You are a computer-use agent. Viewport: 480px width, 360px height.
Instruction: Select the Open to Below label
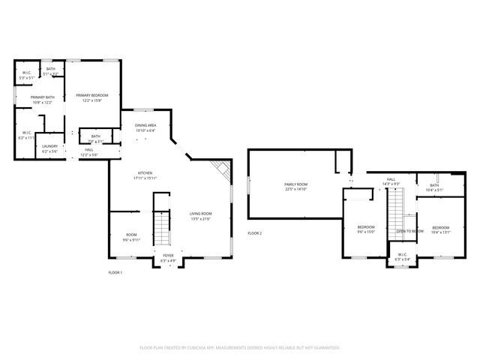coord(410,231)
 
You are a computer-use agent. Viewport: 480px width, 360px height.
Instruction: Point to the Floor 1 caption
coord(115,272)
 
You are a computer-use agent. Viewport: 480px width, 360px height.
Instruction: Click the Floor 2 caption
coord(255,233)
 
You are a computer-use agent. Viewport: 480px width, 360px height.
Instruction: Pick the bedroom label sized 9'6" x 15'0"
coord(366,229)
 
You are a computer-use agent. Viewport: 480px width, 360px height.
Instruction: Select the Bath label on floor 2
coord(434,187)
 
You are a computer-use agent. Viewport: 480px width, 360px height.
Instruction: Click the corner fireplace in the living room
coord(220,169)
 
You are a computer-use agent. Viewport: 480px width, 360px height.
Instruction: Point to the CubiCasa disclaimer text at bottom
coord(240,347)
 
